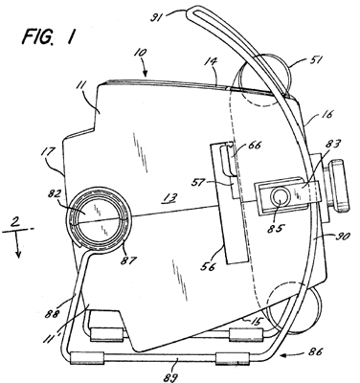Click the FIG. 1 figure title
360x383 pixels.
click(49, 36)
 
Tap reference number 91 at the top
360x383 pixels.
click(158, 16)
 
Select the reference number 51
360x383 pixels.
click(315, 59)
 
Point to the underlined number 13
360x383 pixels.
click(169, 198)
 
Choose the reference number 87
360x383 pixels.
click(128, 260)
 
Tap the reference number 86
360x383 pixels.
click(316, 351)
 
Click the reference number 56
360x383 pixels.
click(208, 265)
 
